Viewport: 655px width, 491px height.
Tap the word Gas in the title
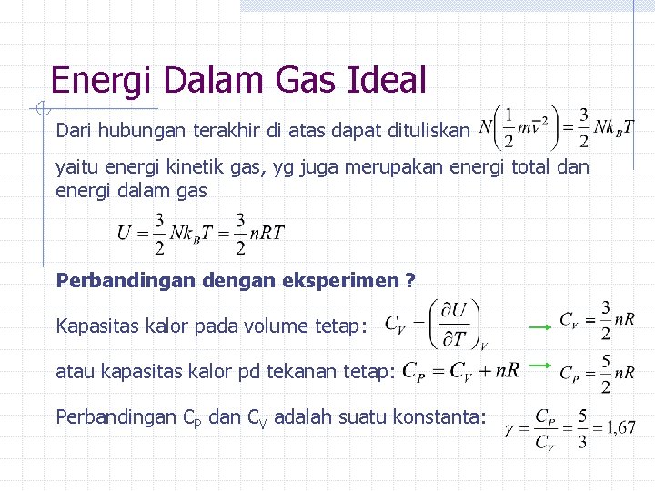[307, 80]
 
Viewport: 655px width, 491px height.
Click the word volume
[273, 326]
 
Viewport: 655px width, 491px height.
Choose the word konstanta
[444, 417]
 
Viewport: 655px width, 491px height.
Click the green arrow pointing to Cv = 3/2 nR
[543, 323]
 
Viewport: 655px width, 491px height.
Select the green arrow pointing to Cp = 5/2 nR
[542, 366]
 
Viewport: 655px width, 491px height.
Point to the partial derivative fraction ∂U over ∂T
[456, 324]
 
